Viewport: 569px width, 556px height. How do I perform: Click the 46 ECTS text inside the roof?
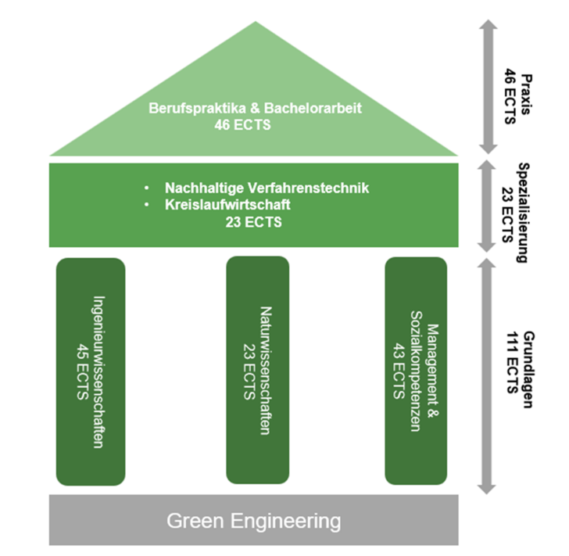(x=255, y=124)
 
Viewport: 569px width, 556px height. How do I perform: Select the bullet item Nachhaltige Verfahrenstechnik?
(x=266, y=188)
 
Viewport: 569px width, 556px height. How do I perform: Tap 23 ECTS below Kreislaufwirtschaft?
(x=254, y=223)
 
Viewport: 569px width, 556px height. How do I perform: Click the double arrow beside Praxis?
(x=487, y=86)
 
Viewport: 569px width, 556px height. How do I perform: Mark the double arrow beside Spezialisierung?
(x=487, y=206)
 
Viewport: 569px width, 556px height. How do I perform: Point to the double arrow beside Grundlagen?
(x=487, y=375)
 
